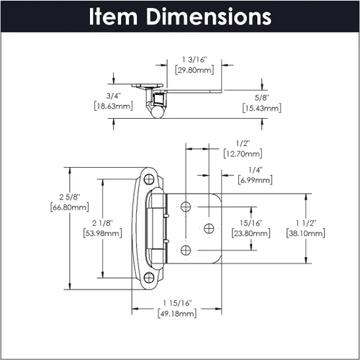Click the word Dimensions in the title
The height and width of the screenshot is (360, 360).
(209, 17)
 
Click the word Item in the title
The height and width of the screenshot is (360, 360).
(113, 17)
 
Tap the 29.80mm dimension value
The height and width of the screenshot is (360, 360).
(194, 70)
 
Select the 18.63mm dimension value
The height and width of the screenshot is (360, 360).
(113, 106)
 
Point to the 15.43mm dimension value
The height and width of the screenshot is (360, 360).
(261, 108)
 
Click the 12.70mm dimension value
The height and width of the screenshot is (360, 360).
(243, 153)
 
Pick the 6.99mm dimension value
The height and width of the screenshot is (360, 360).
(256, 180)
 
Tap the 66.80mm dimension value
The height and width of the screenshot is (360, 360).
(70, 207)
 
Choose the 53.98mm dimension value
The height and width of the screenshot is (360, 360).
(102, 233)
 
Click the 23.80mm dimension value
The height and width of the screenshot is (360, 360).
(251, 233)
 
